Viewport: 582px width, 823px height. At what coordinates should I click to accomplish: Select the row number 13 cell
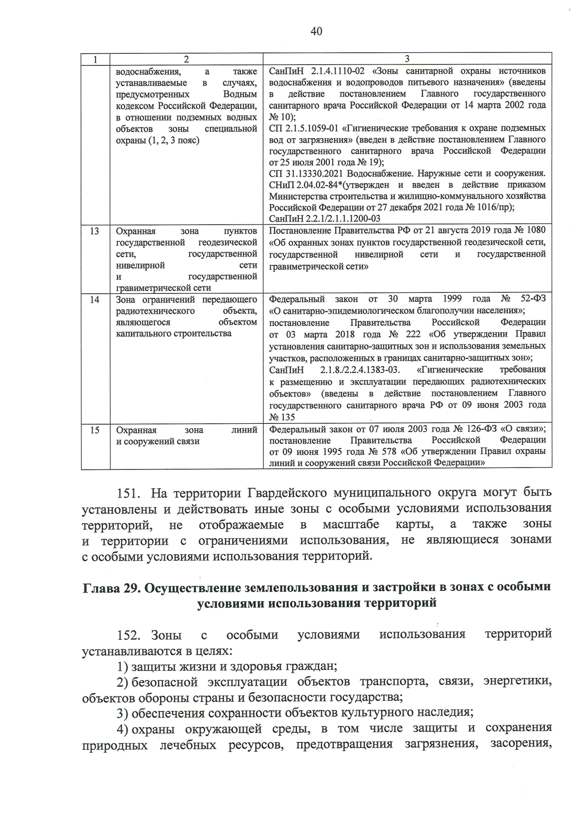click(x=95, y=231)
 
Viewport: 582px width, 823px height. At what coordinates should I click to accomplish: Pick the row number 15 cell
click(x=95, y=430)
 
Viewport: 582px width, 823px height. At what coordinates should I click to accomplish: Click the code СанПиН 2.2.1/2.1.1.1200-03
click(x=324, y=219)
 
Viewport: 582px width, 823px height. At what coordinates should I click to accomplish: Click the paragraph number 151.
click(x=129, y=493)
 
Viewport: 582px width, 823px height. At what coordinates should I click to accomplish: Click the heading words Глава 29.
click(x=109, y=587)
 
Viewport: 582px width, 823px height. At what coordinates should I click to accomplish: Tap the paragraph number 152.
click(x=129, y=634)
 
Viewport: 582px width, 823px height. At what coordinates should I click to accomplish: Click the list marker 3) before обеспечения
click(x=122, y=713)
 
